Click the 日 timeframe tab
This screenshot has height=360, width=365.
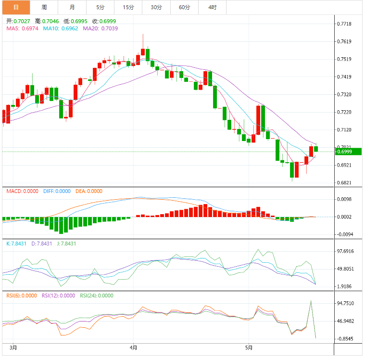pos(15,7)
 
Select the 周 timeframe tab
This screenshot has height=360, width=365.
pos(44,7)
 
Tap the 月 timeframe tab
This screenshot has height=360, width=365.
pos(72,7)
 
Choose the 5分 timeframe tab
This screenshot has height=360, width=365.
pos(100,7)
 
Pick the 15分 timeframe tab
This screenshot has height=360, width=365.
pos(128,7)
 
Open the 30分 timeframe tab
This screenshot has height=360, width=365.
pos(156,7)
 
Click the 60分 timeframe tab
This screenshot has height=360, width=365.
pos(184,7)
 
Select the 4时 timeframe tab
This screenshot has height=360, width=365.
pos(213,7)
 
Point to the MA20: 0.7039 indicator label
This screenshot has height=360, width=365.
pos(100,28)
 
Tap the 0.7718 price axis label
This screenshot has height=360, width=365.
pos(345,24)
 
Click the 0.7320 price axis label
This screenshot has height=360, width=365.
pos(345,94)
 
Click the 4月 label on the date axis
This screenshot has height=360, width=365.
pos(134,347)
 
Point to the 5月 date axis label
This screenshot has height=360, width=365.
pos(249,347)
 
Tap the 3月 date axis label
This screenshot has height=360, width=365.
pos(14,347)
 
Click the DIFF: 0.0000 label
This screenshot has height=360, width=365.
pos(57,191)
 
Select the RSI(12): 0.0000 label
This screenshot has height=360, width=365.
pos(58,296)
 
